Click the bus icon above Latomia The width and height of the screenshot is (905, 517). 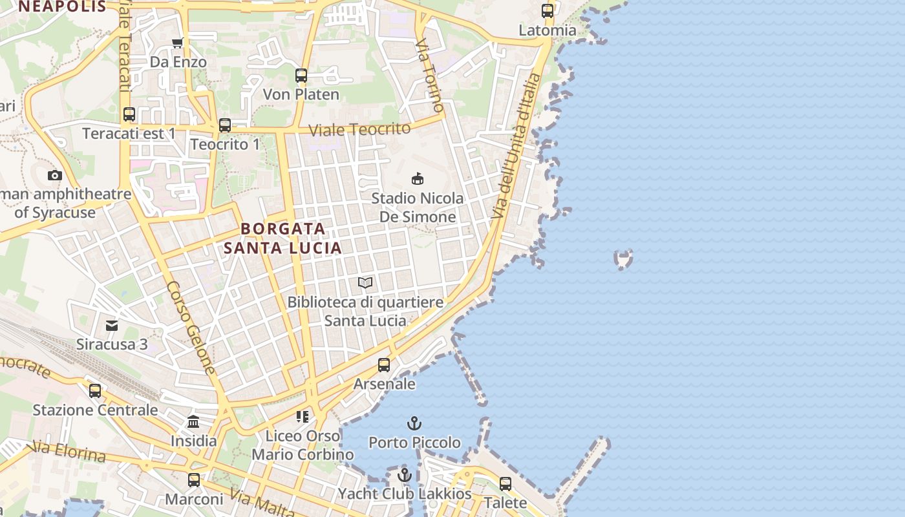tap(548, 11)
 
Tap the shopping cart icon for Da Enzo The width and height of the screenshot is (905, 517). tap(178, 43)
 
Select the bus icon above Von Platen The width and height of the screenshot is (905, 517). tap(301, 76)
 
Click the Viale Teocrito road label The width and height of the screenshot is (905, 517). tap(359, 129)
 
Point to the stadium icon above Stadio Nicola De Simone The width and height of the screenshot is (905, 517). tap(418, 179)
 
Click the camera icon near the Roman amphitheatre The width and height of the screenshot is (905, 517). tap(55, 175)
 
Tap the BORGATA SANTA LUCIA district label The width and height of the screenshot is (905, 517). tap(283, 238)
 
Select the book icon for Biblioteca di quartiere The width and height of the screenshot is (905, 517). tap(365, 283)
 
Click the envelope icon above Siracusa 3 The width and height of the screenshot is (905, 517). tap(112, 325)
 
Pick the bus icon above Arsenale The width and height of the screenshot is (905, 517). tap(384, 365)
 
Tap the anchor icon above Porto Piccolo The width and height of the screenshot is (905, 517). tap(414, 424)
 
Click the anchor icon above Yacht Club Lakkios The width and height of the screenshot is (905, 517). tap(405, 476)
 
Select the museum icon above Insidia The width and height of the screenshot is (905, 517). tap(193, 423)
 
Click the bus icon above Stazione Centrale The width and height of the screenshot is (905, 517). tap(95, 391)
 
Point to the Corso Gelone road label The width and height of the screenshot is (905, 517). tap(191, 328)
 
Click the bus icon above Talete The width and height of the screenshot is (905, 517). tap(506, 484)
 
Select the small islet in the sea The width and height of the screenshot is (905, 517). tap(623, 259)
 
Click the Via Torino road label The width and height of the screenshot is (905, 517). tap(430, 74)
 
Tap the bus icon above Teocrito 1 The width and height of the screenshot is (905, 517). tap(225, 125)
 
